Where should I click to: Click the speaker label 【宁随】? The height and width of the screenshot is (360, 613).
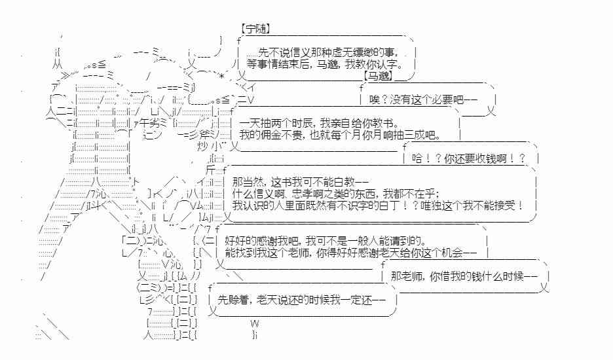click(x=256, y=29)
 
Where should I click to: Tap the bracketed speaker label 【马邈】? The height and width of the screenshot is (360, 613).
click(x=396, y=77)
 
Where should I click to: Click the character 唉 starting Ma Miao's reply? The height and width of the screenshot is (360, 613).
click(x=374, y=100)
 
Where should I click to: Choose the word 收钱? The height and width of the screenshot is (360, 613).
click(x=483, y=159)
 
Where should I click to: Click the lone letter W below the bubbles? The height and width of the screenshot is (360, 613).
click(x=255, y=324)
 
